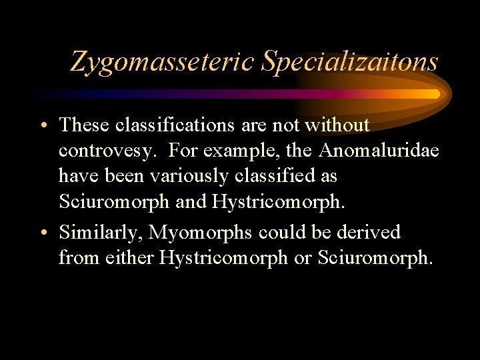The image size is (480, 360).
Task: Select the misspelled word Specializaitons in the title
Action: pyautogui.click(x=350, y=61)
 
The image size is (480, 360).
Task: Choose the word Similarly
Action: pyautogui.click(x=100, y=232)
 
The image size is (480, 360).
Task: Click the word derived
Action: pyautogui.click(x=369, y=232)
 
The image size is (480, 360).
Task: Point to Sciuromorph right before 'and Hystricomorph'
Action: pyautogui.click(x=114, y=201)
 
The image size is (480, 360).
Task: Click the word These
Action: pyautogui.click(x=84, y=125)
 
